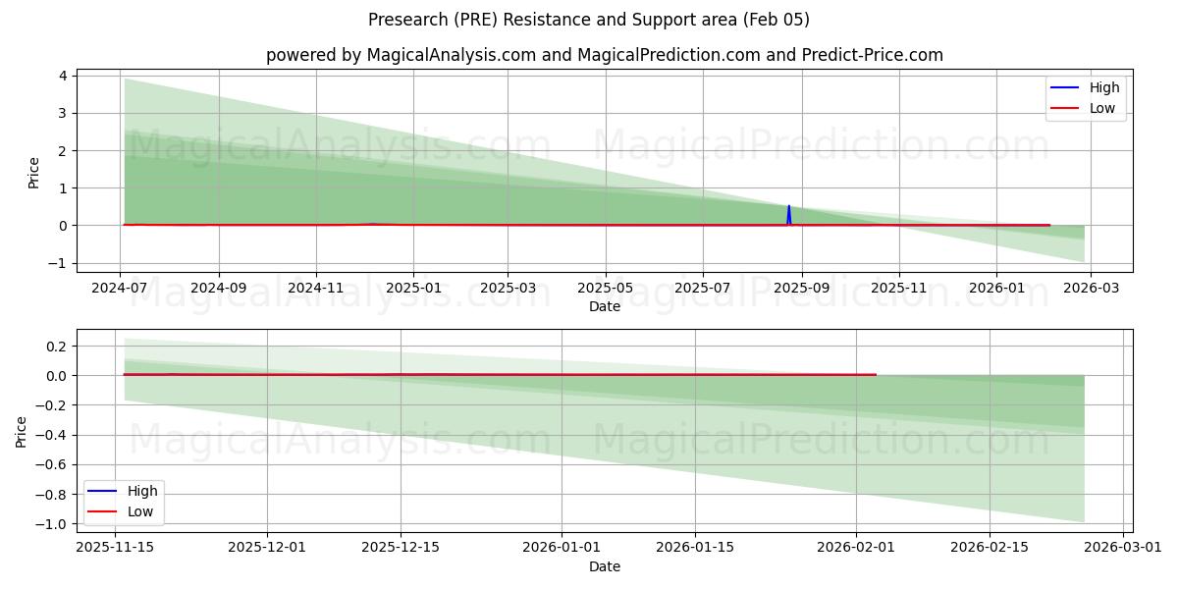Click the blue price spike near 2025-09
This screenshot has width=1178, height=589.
pyautogui.click(x=788, y=211)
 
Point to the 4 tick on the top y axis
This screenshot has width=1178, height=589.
pyautogui.click(x=62, y=76)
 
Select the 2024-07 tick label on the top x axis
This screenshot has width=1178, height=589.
pyautogui.click(x=120, y=289)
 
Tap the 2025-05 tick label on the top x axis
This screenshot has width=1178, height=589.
pyautogui.click(x=605, y=289)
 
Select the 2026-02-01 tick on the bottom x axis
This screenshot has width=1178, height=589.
pyautogui.click(x=856, y=548)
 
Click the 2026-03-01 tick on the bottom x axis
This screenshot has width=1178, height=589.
pyautogui.click(x=1123, y=548)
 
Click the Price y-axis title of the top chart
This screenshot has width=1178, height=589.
pyautogui.click(x=34, y=173)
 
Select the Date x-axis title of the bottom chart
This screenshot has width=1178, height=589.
pyautogui.click(x=605, y=566)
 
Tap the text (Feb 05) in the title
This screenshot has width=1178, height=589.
pyautogui.click(x=776, y=20)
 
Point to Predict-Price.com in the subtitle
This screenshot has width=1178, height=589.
pyautogui.click(x=867, y=55)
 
